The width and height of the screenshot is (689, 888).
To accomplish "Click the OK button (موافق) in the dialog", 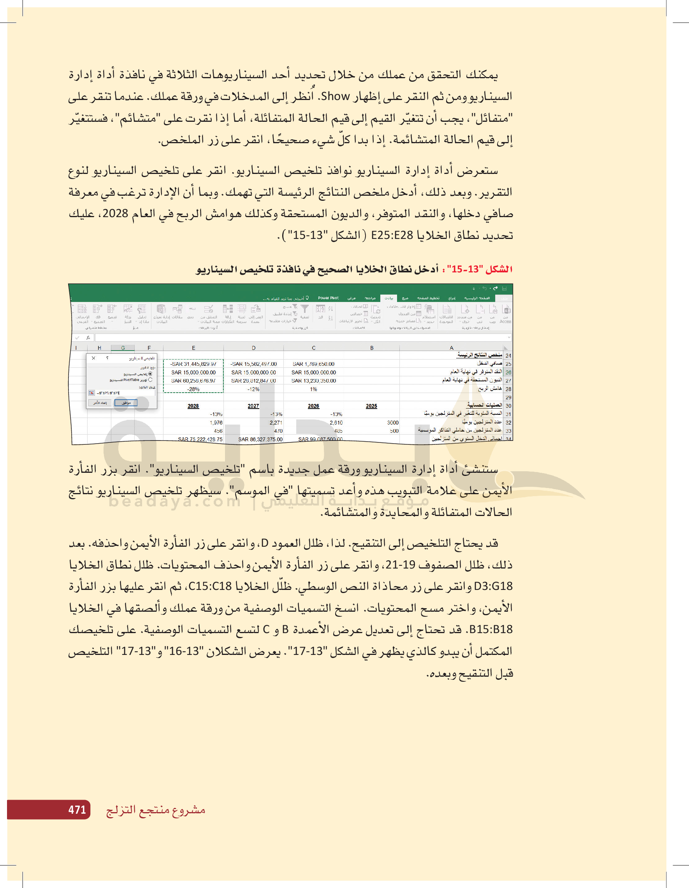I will point(126,403).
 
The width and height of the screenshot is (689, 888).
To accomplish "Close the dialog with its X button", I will point(93,358).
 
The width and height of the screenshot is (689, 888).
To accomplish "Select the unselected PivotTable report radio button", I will point(151,380).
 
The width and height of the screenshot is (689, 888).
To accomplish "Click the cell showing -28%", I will point(193,389).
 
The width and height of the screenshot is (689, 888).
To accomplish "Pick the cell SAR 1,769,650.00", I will point(313,364).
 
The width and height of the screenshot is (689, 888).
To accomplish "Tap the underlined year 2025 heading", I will point(371,406).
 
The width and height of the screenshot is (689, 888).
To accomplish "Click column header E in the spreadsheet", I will point(193,347).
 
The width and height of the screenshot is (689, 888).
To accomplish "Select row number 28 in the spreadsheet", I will point(508,389).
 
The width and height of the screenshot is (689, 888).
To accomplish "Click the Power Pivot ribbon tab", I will point(328,298).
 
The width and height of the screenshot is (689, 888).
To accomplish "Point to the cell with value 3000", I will point(392,423).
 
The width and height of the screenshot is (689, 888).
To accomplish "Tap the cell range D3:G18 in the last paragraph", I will point(493,586).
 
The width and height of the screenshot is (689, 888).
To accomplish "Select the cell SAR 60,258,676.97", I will point(193,381).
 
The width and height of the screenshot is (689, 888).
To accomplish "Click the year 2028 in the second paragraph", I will point(115,214).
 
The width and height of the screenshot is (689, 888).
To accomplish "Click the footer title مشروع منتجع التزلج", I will point(155,810).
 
